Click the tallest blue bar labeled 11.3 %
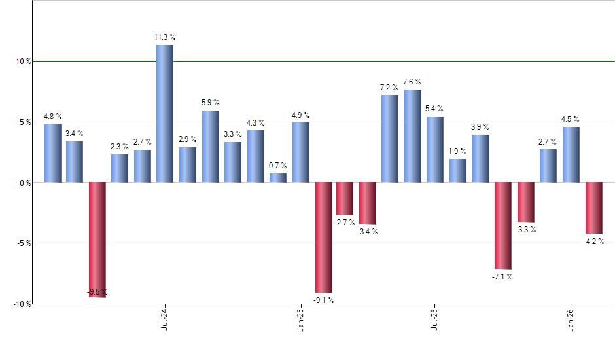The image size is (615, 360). coord(165,113)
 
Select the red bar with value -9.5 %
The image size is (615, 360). coord(97,240)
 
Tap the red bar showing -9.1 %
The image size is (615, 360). coord(324,237)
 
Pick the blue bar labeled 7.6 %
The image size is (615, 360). coord(413,135)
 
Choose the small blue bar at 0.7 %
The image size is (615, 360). coord(278,177)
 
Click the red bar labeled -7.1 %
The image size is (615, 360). coord(503,226)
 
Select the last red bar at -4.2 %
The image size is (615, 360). coord(593,207)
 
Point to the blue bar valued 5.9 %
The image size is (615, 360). coord(211,146)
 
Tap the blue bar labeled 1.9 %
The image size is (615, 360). coord(458,170)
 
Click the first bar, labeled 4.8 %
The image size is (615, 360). coord(53,153)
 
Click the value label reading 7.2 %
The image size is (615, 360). coord(389,88)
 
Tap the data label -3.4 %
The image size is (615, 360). coord(368,232)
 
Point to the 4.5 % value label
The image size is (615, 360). coord(571,119)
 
